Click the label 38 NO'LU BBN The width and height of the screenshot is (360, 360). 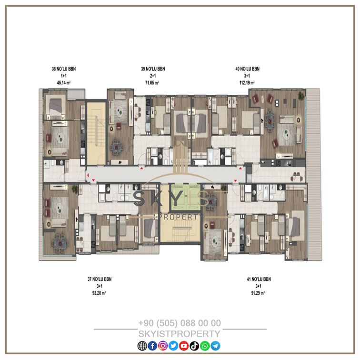(x=64, y=69)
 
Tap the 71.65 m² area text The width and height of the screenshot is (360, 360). (x=152, y=83)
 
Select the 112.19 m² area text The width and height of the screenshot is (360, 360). (x=247, y=83)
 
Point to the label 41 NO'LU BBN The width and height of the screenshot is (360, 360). (x=259, y=279)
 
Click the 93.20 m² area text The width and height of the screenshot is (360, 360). (x=99, y=293)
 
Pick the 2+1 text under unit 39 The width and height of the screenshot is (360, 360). (x=153, y=76)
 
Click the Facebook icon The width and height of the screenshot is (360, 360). (x=153, y=346)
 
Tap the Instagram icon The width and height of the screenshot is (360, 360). (x=163, y=346)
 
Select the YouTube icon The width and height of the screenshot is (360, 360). (x=184, y=346)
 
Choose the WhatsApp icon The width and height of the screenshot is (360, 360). (x=205, y=346)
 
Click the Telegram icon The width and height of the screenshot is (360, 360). (x=215, y=346)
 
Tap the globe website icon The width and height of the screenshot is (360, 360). (x=142, y=346)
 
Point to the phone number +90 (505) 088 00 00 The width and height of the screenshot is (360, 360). (x=180, y=323)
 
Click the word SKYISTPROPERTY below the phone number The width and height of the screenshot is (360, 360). (x=180, y=334)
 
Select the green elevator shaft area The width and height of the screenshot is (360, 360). (x=185, y=197)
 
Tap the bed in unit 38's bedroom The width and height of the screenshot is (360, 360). (x=56, y=107)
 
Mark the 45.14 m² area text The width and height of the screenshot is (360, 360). (x=64, y=83)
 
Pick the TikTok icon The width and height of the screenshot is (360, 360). (x=194, y=346)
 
